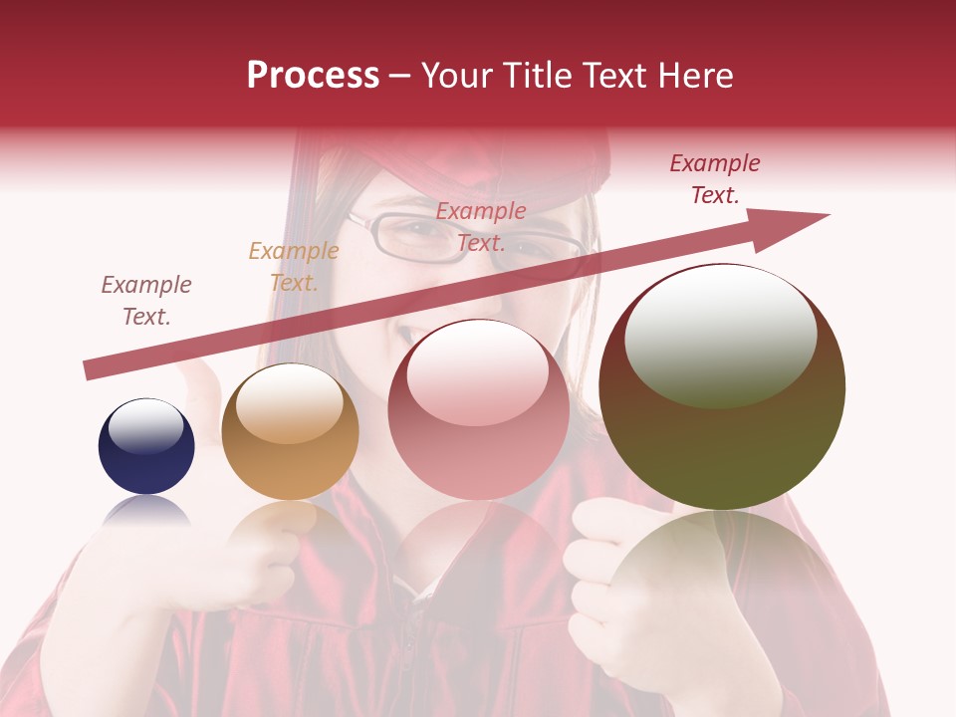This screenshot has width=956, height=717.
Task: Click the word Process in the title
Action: point(313,76)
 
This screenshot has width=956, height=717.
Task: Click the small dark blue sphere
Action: point(146,447)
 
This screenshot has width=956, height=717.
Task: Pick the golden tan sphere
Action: point(290,431)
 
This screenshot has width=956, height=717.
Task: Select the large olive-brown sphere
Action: point(722,386)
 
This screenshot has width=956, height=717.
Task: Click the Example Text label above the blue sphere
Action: point(146,301)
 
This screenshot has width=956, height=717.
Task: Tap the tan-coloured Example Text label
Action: point(294,267)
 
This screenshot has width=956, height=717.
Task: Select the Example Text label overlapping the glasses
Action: point(481,226)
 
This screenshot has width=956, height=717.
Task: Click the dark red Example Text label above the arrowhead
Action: point(715,179)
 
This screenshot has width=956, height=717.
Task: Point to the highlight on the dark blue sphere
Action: point(145,426)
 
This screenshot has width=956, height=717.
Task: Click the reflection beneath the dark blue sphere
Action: point(146,513)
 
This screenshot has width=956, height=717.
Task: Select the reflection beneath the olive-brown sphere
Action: point(722,568)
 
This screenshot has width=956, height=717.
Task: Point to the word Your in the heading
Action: point(454,76)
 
